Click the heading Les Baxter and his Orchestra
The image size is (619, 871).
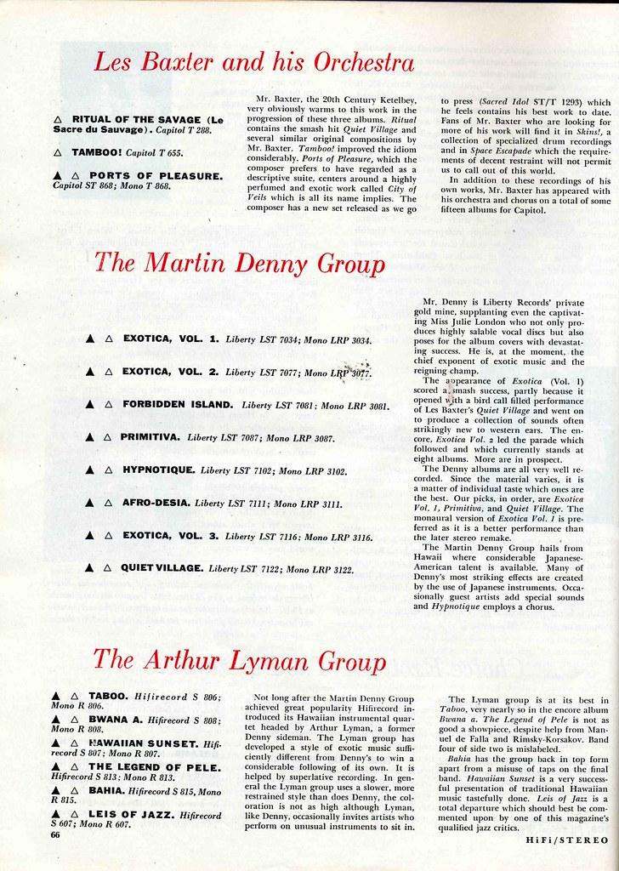click(x=253, y=64)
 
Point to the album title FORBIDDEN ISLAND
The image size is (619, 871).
click(x=177, y=405)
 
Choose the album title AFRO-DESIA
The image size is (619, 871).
click(x=155, y=503)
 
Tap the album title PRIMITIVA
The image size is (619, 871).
click(x=149, y=437)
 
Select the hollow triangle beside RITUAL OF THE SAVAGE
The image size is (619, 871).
click(x=57, y=119)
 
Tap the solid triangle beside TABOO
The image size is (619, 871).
click(x=56, y=696)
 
